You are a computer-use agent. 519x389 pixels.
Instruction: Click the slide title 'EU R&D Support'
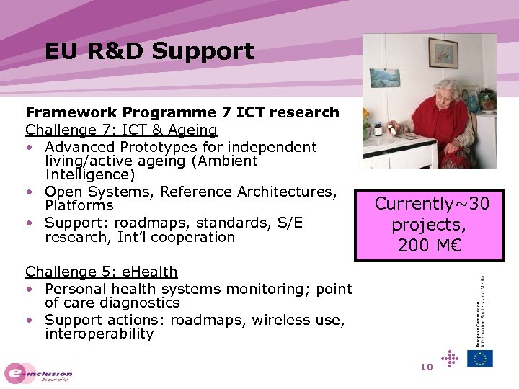[149, 51]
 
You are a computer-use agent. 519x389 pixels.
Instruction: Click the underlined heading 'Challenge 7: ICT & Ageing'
[121, 130]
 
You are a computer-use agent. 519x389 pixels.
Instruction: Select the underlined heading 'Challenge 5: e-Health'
[101, 272]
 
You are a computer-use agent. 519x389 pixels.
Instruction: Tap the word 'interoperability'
[99, 334]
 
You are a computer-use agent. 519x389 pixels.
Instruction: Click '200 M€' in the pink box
[429, 245]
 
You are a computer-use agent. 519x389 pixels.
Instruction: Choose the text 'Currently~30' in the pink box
[432, 204]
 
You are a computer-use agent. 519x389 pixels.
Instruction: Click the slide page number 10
[425, 367]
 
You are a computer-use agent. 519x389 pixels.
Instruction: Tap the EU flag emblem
[479, 358]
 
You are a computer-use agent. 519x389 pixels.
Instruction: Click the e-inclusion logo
[39, 373]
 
